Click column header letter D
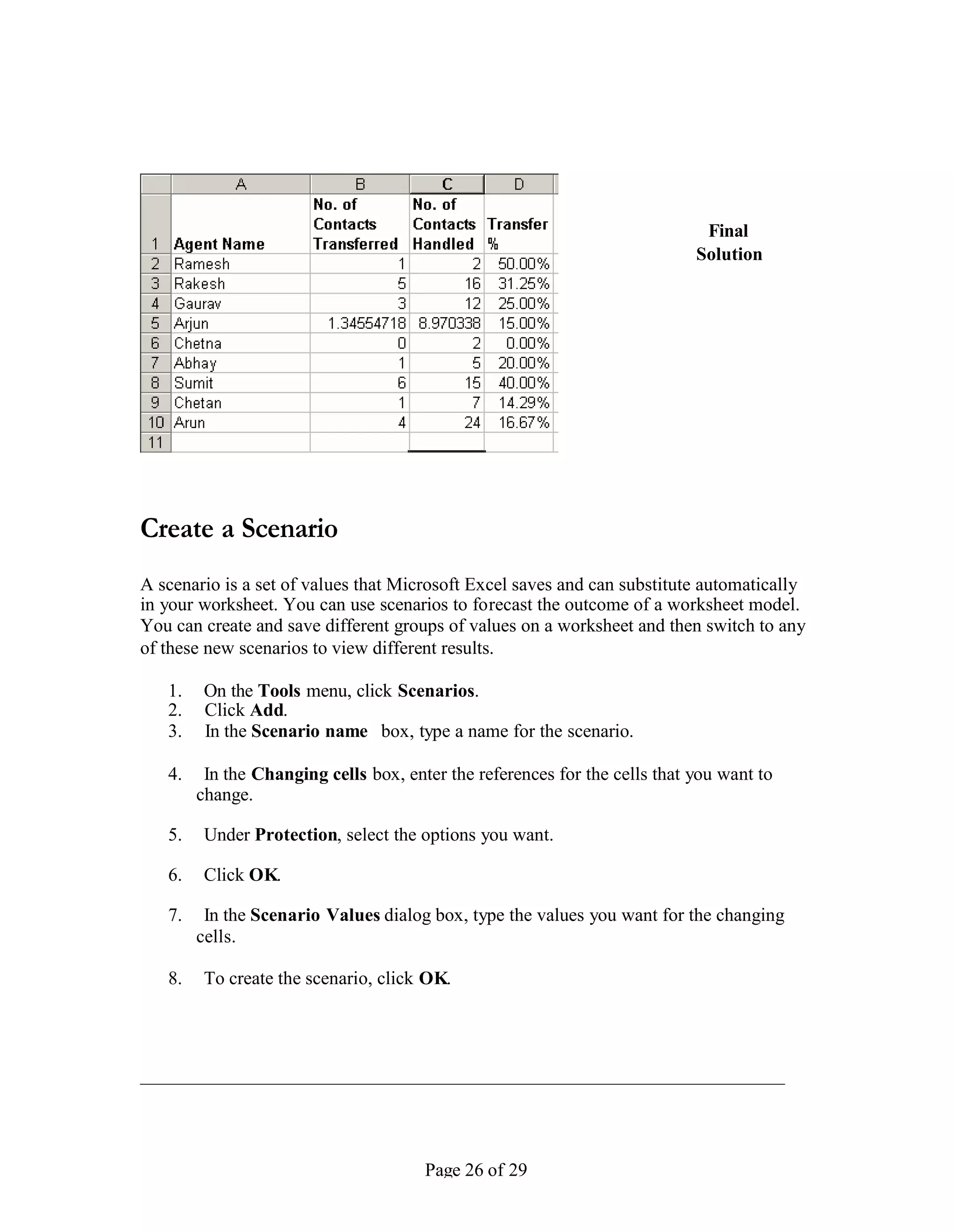point(519,185)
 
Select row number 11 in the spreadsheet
point(155,443)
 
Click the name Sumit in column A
point(194,383)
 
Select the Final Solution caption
point(728,243)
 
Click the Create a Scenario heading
point(239,529)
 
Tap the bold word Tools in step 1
point(279,690)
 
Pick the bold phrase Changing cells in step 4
point(309,774)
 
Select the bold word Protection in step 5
point(296,835)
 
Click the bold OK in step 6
point(264,874)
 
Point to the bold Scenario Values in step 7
point(315,914)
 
